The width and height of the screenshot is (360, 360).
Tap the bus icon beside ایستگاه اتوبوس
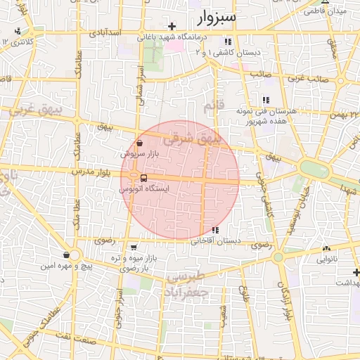coord(143,179)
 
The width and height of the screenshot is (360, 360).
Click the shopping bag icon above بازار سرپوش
coord(141,143)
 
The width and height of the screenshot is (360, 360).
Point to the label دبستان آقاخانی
coord(215,240)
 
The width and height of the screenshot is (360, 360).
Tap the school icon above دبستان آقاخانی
coord(214,230)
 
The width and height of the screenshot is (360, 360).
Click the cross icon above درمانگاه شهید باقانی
coord(172,26)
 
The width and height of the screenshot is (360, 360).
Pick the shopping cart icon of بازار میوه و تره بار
coord(134,247)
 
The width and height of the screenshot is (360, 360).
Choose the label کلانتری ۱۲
coord(18,42)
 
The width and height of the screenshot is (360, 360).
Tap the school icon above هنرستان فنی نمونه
coord(265,101)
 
